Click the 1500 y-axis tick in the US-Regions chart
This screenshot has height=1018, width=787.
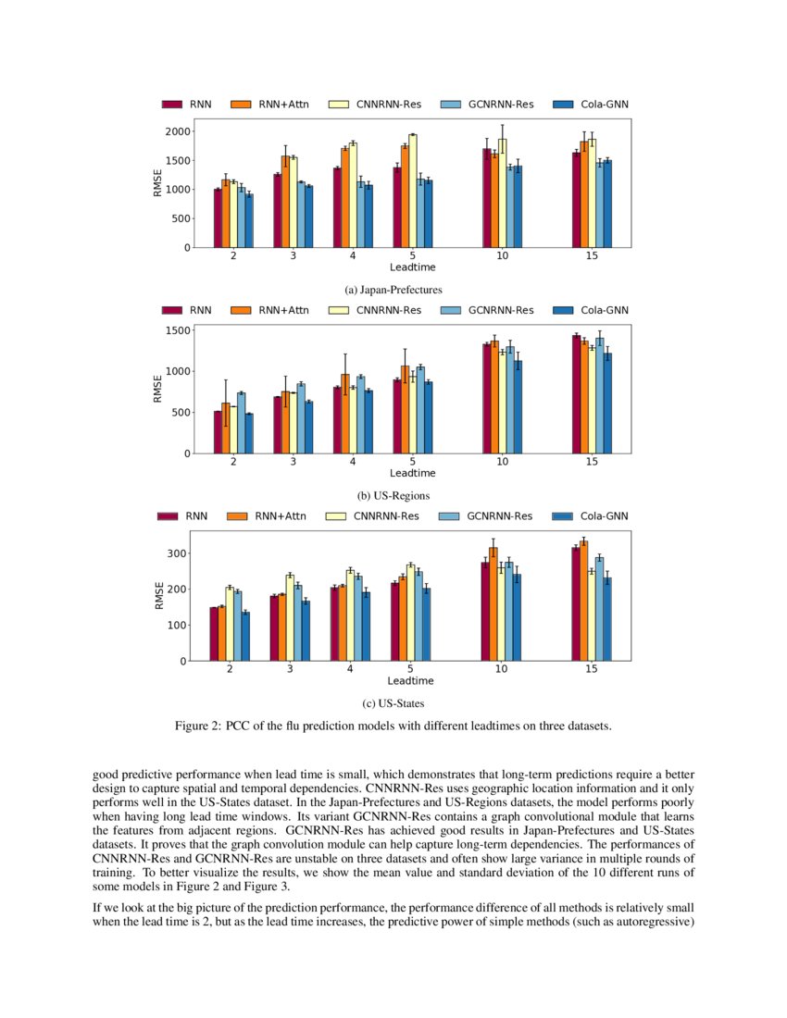(x=176, y=330)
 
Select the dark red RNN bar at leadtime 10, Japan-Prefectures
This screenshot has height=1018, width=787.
(x=486, y=198)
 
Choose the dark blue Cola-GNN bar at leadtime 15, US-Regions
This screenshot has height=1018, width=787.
(x=607, y=403)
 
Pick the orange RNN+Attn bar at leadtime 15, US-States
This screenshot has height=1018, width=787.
(x=583, y=601)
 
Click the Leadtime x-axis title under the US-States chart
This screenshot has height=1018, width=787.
(x=411, y=680)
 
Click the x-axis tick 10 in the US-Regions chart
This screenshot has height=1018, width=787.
(x=501, y=462)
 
